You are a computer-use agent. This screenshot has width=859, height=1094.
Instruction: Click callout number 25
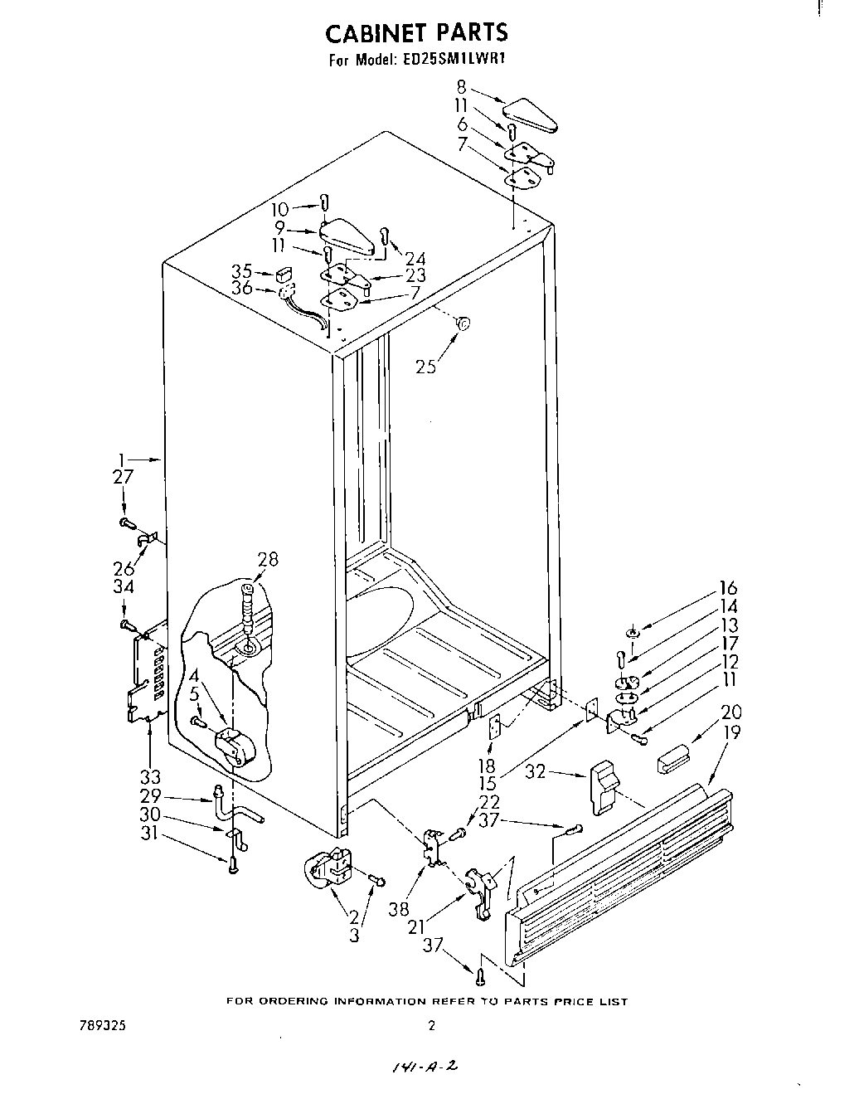coord(426,366)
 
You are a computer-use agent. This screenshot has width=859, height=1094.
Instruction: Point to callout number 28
coord(267,559)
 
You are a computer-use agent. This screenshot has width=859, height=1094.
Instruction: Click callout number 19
coord(731,732)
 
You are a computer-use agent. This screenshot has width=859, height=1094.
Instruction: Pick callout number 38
coord(399,908)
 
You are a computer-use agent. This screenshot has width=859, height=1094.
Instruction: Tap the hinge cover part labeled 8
coord(531,114)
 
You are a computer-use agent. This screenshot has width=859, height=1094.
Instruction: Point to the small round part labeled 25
coord(463,323)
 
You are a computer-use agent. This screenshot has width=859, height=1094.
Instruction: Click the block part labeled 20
coord(672,757)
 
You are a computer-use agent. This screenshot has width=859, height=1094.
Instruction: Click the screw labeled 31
coord(232,867)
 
